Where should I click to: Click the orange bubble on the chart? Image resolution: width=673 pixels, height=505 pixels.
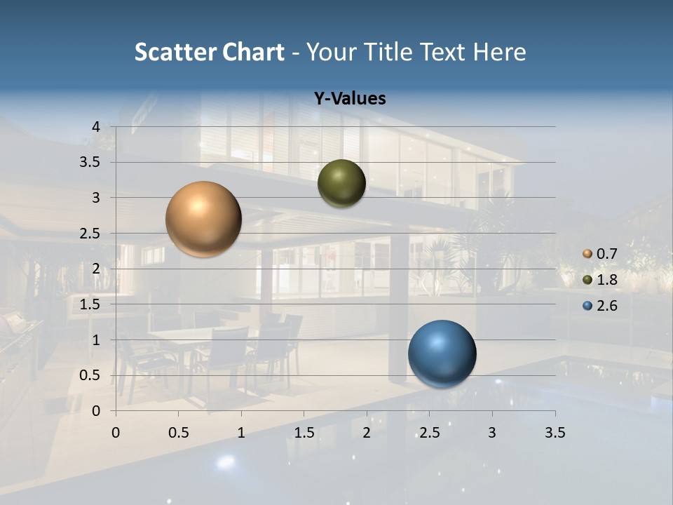(x=204, y=219)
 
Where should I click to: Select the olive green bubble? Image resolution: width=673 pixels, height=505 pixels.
(x=341, y=183)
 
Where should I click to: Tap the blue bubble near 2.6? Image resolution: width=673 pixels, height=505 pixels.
(x=442, y=353)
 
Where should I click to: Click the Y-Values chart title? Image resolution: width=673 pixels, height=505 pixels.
(x=350, y=99)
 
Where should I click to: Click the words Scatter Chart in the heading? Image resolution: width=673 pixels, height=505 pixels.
(x=209, y=52)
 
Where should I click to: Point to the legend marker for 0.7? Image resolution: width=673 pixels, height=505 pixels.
(x=587, y=254)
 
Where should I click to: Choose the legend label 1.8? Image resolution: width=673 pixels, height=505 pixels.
(x=606, y=280)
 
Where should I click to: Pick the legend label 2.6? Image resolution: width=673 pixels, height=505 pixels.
(x=606, y=306)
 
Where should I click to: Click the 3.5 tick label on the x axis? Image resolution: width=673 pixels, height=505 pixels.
(x=555, y=433)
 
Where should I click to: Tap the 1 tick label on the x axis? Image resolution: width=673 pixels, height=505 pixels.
(x=241, y=433)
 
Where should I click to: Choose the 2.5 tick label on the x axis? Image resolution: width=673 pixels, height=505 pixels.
(x=429, y=433)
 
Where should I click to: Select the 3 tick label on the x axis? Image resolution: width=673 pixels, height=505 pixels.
(x=492, y=433)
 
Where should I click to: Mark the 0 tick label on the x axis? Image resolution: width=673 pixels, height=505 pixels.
(x=116, y=433)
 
